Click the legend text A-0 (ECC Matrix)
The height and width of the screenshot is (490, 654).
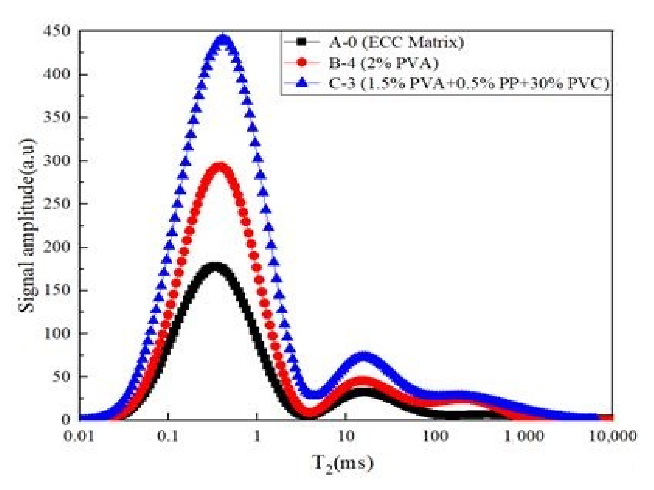pyautogui.click(x=396, y=42)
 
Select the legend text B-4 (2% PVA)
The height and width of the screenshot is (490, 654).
pyautogui.click(x=383, y=63)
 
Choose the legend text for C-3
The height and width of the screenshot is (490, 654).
pyautogui.click(x=469, y=83)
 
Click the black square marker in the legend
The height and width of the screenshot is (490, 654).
pyautogui.click(x=301, y=42)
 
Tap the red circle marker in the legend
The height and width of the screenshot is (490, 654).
pyautogui.click(x=301, y=63)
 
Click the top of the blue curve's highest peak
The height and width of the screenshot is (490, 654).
pyautogui.click(x=223, y=38)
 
